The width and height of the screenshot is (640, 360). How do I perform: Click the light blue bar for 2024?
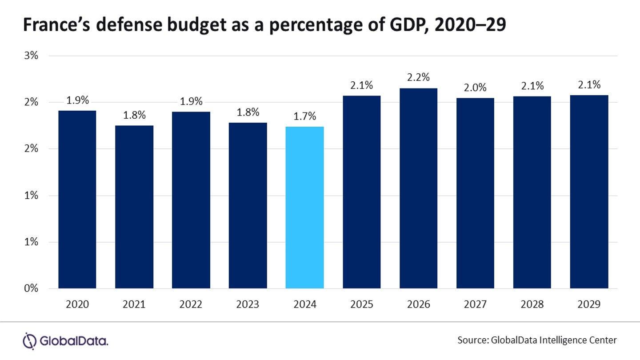point(304,208)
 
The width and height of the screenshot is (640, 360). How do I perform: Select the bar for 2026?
point(418,188)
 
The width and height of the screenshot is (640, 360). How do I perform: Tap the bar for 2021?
point(134,207)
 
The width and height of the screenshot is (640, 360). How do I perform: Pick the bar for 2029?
point(589,192)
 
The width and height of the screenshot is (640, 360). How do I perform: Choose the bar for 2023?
point(248,206)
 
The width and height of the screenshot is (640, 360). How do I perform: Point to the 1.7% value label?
point(304,117)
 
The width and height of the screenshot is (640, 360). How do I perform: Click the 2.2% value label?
point(418,77)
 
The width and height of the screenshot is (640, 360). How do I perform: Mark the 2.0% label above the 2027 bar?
point(475,88)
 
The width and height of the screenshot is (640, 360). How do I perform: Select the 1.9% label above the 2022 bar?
point(191,101)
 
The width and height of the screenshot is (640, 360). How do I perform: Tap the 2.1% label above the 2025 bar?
point(361,85)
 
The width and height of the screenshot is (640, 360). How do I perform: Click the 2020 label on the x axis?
point(77,304)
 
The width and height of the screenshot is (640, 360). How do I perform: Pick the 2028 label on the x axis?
point(532,304)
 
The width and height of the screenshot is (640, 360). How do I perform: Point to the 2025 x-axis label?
point(361,304)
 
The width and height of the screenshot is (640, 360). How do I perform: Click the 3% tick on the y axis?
point(32,56)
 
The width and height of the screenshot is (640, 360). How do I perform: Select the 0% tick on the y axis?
point(32,288)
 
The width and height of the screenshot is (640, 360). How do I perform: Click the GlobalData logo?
point(65,341)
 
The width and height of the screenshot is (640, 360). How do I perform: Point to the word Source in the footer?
point(472,340)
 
